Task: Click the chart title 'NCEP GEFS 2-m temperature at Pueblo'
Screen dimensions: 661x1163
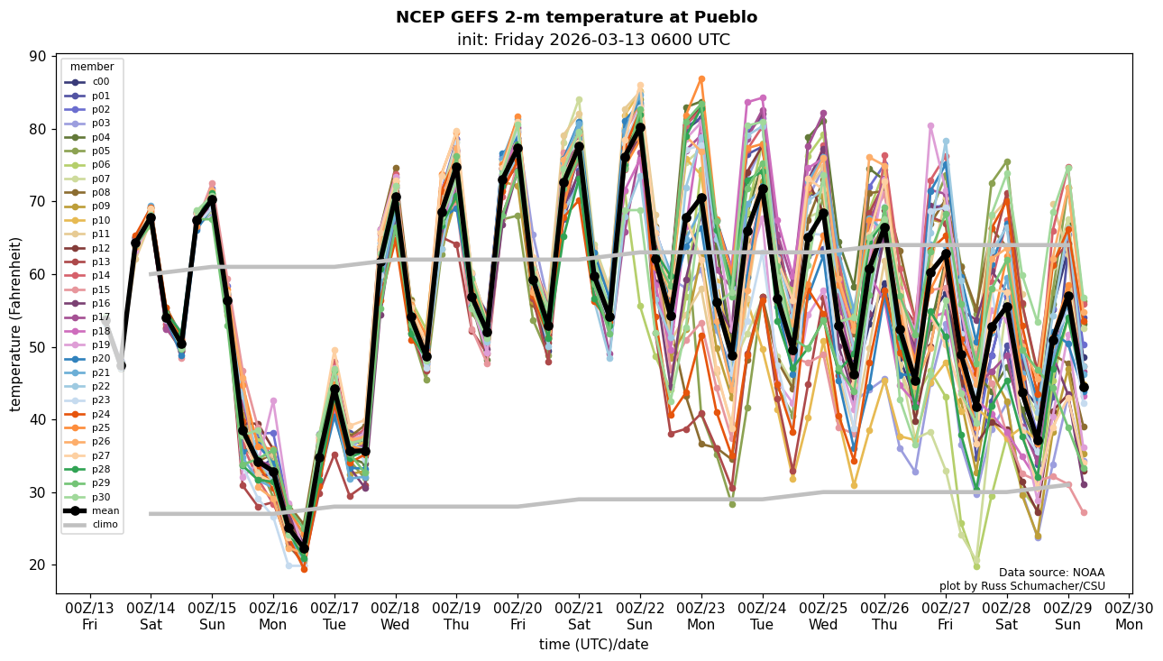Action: [576, 17]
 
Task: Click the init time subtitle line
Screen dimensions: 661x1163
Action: [593, 40]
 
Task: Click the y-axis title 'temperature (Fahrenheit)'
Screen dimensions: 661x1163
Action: [16, 324]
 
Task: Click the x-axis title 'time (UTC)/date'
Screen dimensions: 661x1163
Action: [593, 645]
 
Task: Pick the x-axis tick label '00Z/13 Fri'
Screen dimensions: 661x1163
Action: [89, 615]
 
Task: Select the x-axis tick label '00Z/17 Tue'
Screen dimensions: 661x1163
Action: [334, 615]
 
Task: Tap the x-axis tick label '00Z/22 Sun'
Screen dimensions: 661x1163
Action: [640, 615]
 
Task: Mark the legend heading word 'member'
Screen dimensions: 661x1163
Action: [92, 67]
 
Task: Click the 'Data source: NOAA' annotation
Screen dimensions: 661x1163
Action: [1051, 573]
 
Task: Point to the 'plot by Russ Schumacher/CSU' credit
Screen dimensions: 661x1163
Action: [1021, 586]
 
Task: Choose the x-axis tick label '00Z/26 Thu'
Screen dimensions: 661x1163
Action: [884, 615]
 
